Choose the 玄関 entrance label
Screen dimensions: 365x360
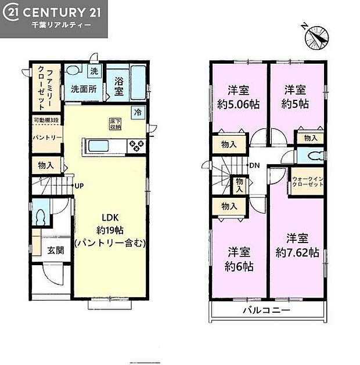point(55,251)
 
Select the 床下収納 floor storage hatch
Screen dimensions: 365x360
point(115,124)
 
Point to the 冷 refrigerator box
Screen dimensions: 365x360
point(138,112)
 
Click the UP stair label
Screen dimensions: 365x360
point(78,186)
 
